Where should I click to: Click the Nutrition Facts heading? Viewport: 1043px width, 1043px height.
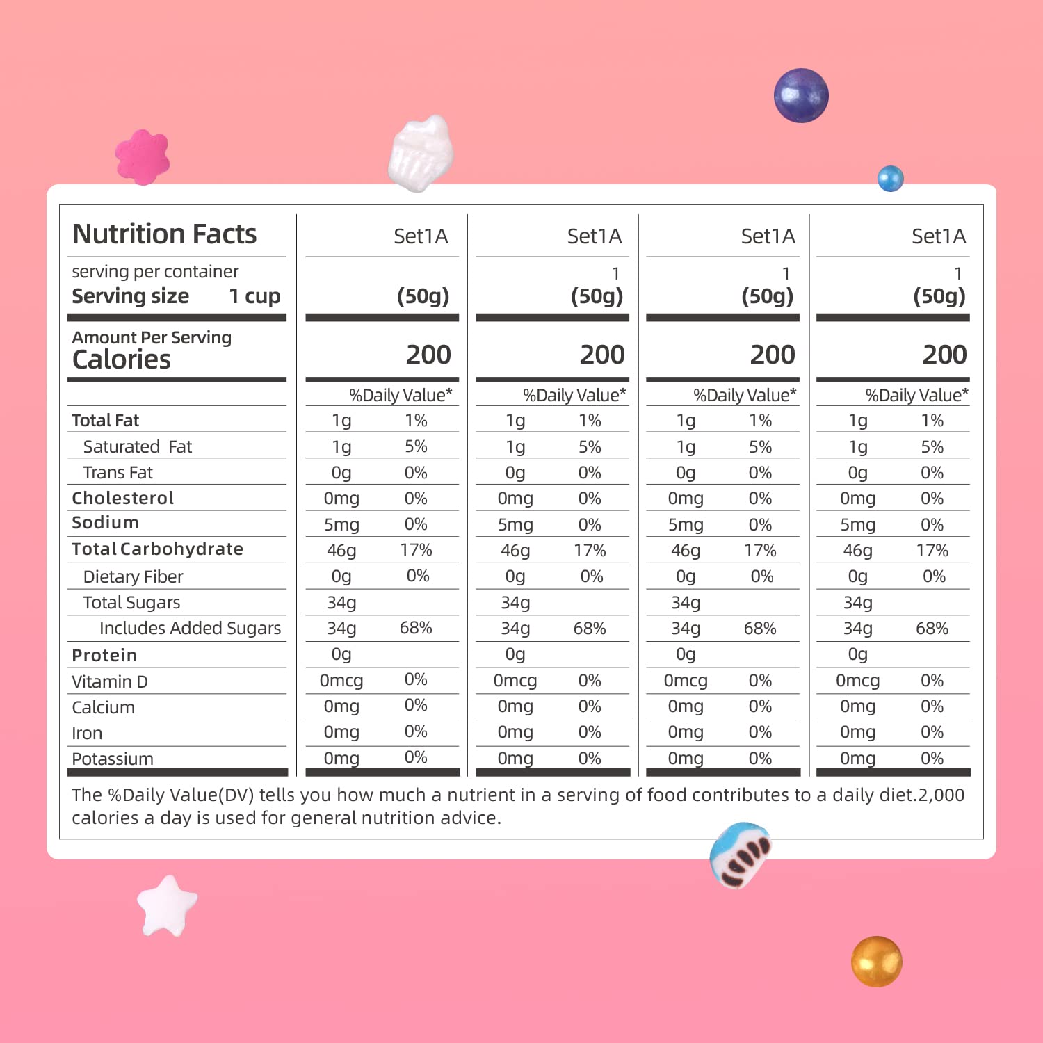point(164,234)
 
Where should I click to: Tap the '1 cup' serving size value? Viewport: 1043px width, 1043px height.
point(254,296)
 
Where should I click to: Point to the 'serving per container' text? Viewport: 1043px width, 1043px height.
point(155,271)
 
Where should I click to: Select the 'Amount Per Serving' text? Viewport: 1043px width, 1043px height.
point(152,337)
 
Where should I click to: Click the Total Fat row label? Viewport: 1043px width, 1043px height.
point(105,420)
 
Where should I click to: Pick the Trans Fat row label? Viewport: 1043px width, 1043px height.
point(118,473)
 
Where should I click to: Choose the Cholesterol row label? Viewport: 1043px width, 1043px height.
point(122,498)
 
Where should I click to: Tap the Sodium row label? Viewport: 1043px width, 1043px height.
point(105,523)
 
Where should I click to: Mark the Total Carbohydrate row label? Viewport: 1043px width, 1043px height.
point(157,549)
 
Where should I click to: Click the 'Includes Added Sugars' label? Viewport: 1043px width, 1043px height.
point(190,629)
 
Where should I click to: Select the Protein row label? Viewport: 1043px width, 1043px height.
point(104,655)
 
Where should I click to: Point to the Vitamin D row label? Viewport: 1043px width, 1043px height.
point(110,681)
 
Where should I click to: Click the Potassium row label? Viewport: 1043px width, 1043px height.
point(113,759)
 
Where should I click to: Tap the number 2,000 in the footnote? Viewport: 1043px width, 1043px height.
point(941,795)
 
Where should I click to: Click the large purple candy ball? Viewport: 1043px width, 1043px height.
point(801,95)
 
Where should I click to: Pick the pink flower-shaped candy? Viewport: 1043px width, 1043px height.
point(143,157)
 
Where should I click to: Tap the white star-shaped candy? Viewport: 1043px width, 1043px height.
point(167,906)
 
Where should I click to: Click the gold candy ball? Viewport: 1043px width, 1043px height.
point(876,961)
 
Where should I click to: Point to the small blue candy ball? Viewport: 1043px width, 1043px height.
point(890,179)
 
